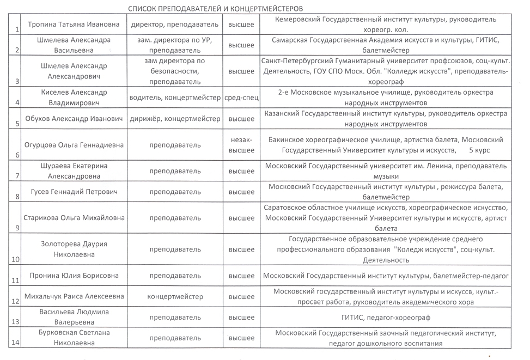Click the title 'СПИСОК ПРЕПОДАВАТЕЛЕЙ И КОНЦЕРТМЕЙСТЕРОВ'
[x=215, y=9]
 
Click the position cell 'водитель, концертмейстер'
[x=175, y=98]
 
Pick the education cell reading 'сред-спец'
[x=241, y=98]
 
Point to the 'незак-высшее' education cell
[x=241, y=145]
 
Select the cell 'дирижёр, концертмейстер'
[x=175, y=119]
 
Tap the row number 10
[x=16, y=259]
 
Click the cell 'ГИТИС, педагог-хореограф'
[x=385, y=317]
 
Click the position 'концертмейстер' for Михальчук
[x=175, y=297]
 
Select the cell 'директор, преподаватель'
[x=175, y=25]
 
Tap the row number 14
[x=16, y=343]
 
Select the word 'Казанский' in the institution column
[x=282, y=114]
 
